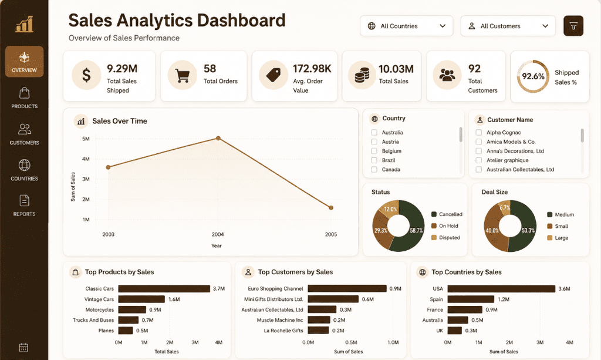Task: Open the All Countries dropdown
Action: pos(406,26)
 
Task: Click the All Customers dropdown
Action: pos(508,26)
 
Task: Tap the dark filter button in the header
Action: pos(573,26)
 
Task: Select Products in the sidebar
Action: pos(24,97)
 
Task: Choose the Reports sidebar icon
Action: pos(24,206)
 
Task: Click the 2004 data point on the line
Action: pos(218,138)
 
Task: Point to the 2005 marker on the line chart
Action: pos(331,208)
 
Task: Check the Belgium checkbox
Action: pos(374,151)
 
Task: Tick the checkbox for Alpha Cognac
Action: pos(479,132)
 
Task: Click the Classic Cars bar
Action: pos(164,289)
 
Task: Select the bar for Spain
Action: pos(471,299)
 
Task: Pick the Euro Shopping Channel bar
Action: pos(347,288)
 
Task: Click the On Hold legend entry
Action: pos(445,226)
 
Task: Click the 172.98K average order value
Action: pos(312,69)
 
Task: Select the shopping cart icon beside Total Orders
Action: pos(183,76)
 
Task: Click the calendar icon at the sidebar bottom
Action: pos(23,348)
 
